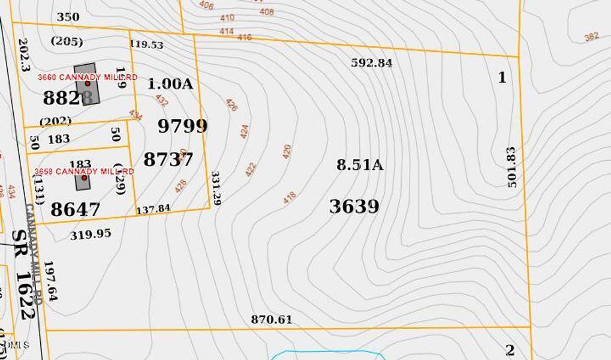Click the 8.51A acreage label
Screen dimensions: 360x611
[360, 165]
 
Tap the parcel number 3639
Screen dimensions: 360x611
[354, 206]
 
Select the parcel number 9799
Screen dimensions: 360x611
[183, 126]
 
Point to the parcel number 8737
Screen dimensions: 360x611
[168, 160]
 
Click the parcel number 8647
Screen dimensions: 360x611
[76, 209]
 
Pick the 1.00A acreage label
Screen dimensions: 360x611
[170, 84]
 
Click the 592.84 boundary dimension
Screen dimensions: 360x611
[372, 62]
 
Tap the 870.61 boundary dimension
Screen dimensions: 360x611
[272, 319]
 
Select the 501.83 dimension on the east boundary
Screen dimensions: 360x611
[511, 167]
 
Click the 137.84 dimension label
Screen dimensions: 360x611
[153, 209]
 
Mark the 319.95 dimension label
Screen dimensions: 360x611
[91, 234]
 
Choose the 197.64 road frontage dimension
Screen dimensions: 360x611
[51, 281]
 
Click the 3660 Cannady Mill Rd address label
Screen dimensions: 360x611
[88, 77]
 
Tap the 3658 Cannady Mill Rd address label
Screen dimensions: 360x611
[84, 172]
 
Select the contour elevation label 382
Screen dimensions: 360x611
[591, 37]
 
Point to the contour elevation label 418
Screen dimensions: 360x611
[290, 197]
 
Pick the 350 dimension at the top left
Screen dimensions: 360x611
[68, 17]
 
